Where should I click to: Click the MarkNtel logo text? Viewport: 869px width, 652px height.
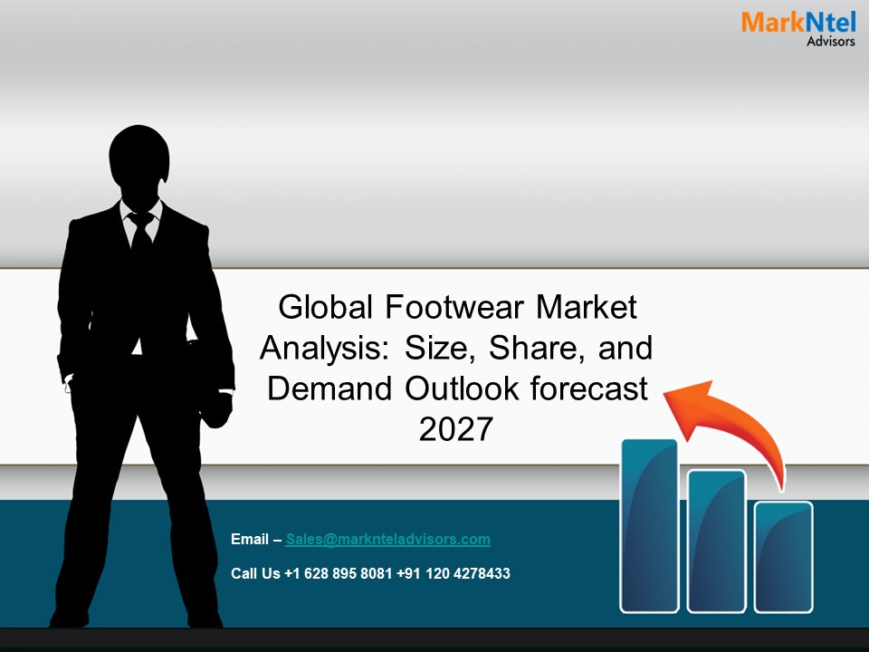pyautogui.click(x=797, y=22)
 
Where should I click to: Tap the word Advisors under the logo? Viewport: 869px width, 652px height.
pyautogui.click(x=830, y=42)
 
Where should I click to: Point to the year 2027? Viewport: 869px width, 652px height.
pyautogui.click(x=456, y=429)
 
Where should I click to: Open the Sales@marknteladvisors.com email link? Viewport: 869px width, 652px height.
pyautogui.click(x=387, y=540)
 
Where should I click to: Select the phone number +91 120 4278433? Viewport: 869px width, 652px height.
pyautogui.click(x=453, y=574)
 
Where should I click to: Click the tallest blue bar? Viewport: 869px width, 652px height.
pyautogui.click(x=649, y=525)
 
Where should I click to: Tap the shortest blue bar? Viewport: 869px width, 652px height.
pyautogui.click(x=784, y=556)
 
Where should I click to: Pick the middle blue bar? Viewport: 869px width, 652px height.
pyautogui.click(x=716, y=541)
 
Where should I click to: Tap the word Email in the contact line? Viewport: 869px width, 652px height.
pyautogui.click(x=250, y=540)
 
